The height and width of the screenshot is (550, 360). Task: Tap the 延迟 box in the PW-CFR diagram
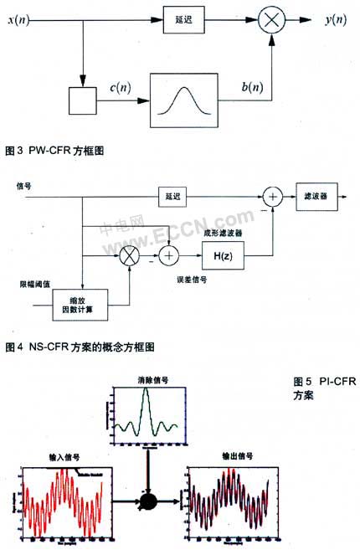177,18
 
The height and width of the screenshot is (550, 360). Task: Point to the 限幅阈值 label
29,284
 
